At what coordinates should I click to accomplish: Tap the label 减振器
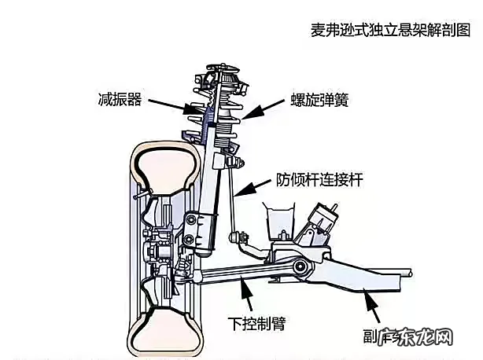(114, 101)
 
